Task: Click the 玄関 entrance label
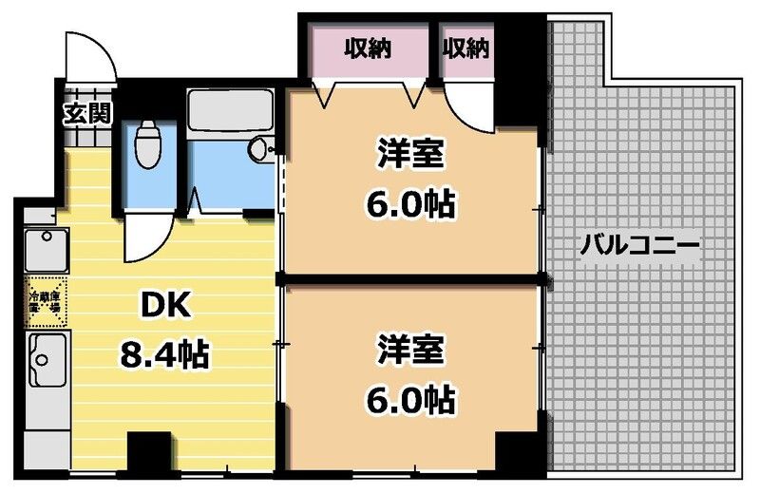pyautogui.click(x=87, y=114)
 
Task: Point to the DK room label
pyautogui.click(x=166, y=306)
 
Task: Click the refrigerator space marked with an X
pyautogui.click(x=45, y=300)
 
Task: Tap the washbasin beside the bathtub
pyautogui.click(x=258, y=150)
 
